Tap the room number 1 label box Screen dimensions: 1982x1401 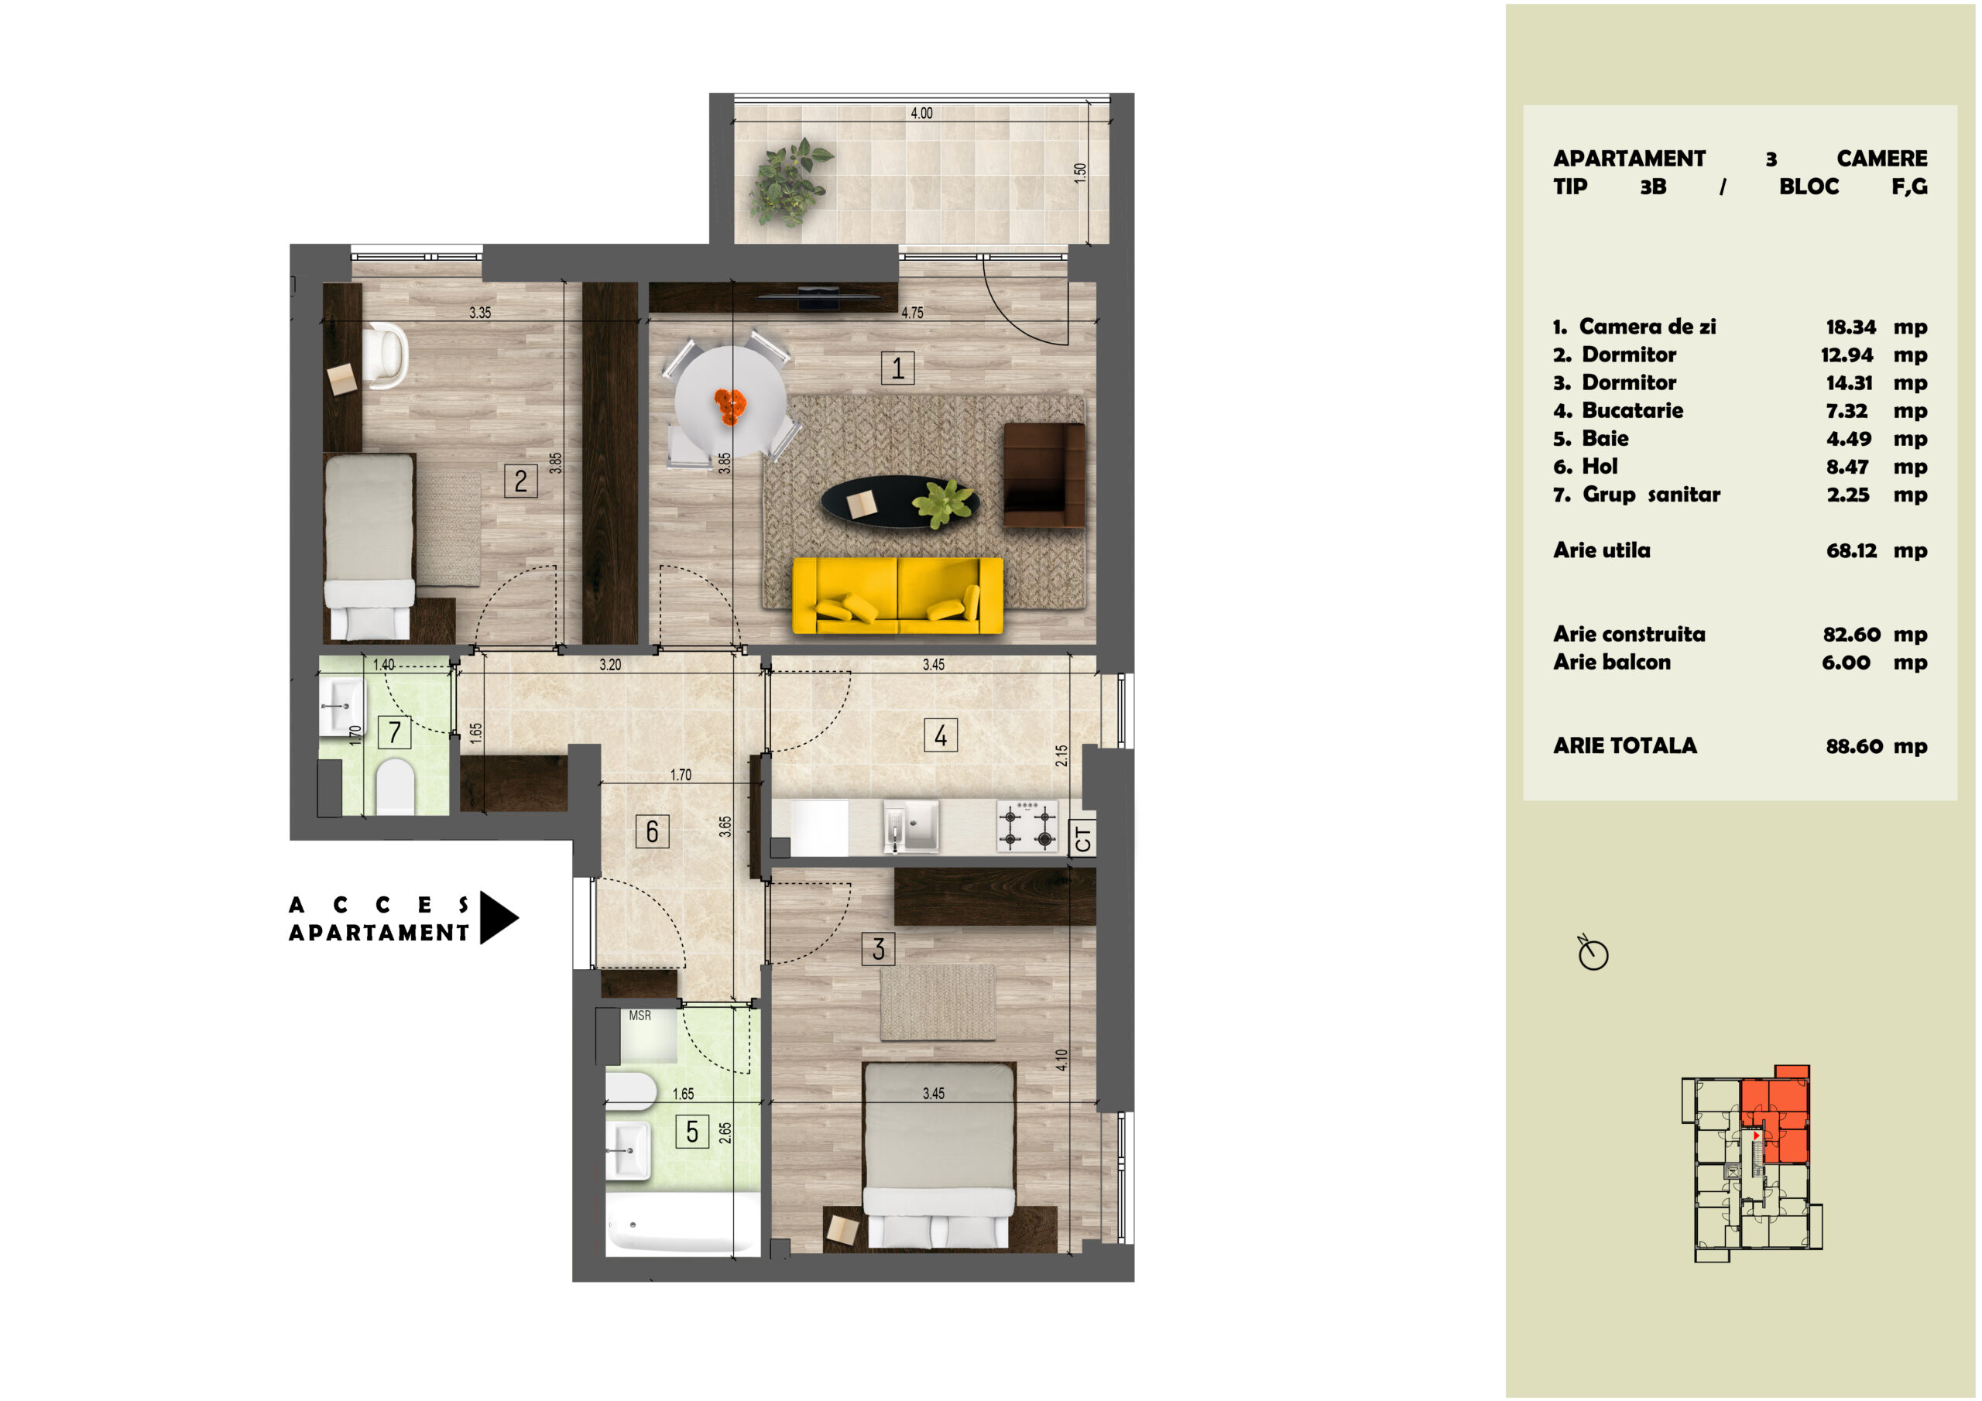898,368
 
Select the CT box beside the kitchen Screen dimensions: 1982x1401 1083,837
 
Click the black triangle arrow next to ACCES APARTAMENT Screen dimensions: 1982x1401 499,917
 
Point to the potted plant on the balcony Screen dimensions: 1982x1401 789,182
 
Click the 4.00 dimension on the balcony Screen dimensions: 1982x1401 921,113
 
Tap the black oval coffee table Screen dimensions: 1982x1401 900,501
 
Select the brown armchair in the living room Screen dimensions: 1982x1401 1044,474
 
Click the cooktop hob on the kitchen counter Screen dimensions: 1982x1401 1027,826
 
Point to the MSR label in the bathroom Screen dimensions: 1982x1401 640,1016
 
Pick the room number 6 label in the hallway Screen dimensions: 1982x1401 652,831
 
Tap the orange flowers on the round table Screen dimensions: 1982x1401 730,406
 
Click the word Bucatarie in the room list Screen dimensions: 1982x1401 1632,411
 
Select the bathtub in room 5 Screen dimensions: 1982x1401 683,1224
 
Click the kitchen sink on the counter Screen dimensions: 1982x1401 910,825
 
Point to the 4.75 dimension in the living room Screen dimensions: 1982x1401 913,313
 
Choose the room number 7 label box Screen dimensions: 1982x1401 395,732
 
